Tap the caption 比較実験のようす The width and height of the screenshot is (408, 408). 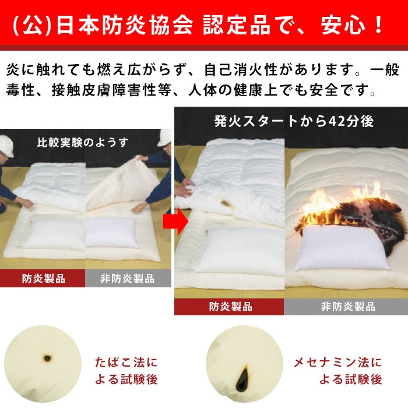(x=83, y=142)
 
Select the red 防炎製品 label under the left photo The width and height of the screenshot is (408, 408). (x=43, y=278)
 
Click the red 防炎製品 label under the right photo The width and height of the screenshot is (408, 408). (x=230, y=307)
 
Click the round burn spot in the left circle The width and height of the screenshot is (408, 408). (x=45, y=357)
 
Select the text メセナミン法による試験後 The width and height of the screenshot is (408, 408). (x=337, y=371)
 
